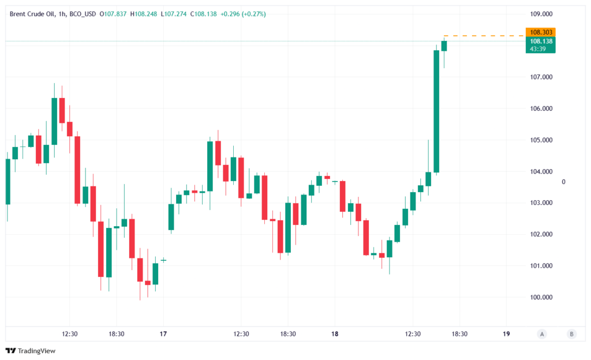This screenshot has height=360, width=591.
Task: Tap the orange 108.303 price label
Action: [541, 32]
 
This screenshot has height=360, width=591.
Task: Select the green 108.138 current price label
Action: [541, 42]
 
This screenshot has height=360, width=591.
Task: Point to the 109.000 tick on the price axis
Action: [541, 14]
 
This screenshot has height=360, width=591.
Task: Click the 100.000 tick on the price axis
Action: [541, 297]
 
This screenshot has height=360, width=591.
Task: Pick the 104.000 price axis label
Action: [541, 171]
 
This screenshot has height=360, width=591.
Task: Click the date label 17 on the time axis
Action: [163, 334]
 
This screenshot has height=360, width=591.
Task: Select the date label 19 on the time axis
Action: [506, 334]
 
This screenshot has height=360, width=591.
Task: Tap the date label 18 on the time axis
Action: [335, 334]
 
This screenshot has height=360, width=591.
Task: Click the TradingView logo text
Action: [36, 351]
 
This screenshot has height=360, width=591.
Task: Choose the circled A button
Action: [541, 333]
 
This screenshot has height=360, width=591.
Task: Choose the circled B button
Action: [571, 333]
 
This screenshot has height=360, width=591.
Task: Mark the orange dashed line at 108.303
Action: [485, 36]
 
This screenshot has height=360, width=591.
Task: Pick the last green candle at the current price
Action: [444, 46]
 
